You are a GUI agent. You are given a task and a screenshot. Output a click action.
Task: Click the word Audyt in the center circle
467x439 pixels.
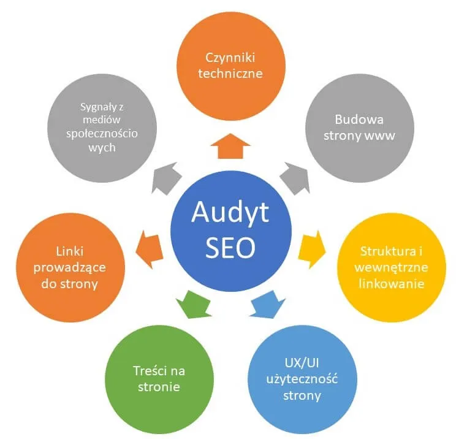pyautogui.click(x=230, y=212)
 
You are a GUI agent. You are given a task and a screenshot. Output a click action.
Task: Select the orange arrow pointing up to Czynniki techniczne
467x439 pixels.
pyautogui.click(x=230, y=147)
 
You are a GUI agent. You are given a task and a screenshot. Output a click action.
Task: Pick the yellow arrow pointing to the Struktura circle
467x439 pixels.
pyautogui.click(x=311, y=246)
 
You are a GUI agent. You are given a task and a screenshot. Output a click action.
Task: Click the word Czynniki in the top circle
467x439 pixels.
pyautogui.click(x=230, y=58)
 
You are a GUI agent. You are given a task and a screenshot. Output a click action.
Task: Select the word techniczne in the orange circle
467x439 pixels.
pyautogui.click(x=230, y=74)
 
